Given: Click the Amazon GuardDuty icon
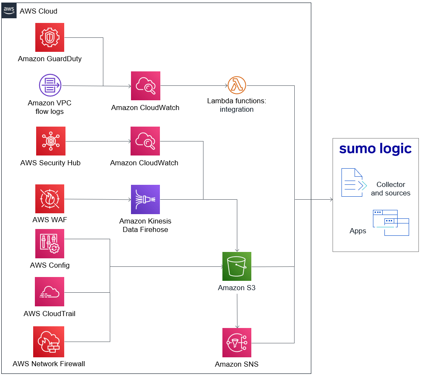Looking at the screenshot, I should coord(50,38).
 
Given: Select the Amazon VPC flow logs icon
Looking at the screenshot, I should coord(50,85).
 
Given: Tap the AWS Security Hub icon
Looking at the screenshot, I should coord(50,141).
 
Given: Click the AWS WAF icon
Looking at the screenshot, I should coord(50,199).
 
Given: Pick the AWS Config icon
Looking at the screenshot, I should coord(50,244).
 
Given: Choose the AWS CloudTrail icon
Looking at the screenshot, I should coord(50,292).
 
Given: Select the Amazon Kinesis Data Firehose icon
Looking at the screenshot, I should coord(145,199).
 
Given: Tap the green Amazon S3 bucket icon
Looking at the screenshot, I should coord(237,266).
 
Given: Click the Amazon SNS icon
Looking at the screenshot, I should coord(237,342).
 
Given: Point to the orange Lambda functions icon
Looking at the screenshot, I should coord(237,85).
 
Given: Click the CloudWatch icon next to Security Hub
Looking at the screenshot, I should coord(145,141).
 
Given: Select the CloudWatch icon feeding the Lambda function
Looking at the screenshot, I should coord(145,85).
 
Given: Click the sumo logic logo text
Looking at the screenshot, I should coord(375,149).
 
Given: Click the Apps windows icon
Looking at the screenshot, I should coord(390,223).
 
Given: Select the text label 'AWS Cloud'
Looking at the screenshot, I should coord(39,11).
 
